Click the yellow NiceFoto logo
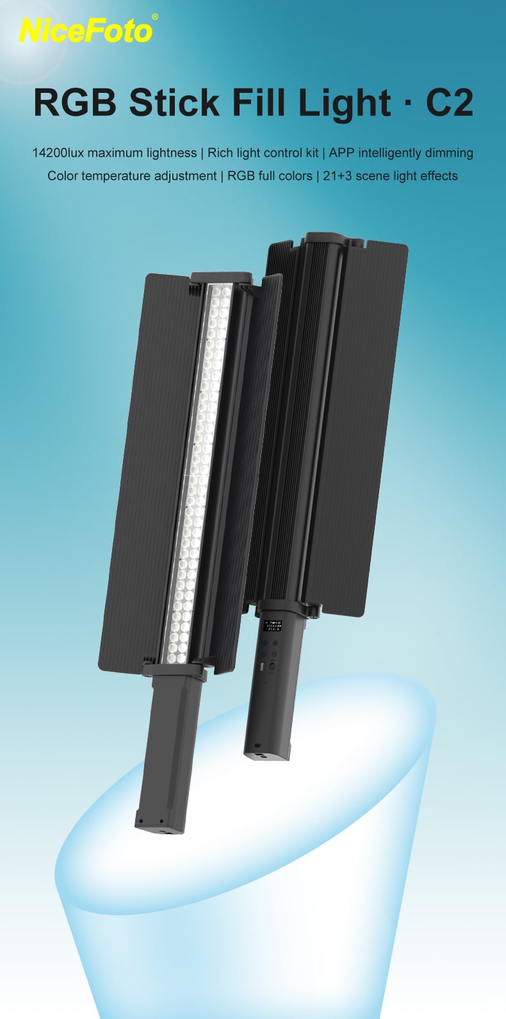tap(85, 31)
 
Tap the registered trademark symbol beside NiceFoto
tap(155, 17)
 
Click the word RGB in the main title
tap(75, 103)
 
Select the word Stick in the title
tap(174, 103)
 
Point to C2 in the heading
tap(449, 103)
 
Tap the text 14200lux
tap(58, 152)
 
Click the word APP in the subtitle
tap(342, 152)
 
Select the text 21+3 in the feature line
tap(337, 175)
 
